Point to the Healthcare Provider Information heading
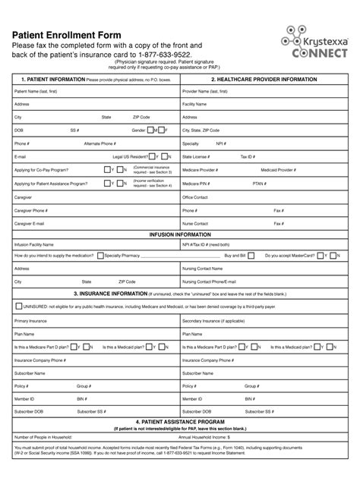264,79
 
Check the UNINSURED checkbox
18,307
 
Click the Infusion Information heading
180,234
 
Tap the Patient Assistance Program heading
180,421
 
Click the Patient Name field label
34,91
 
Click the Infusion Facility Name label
34,245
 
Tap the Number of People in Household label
43,436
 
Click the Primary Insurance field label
31,321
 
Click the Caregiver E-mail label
29,224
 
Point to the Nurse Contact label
195,224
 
